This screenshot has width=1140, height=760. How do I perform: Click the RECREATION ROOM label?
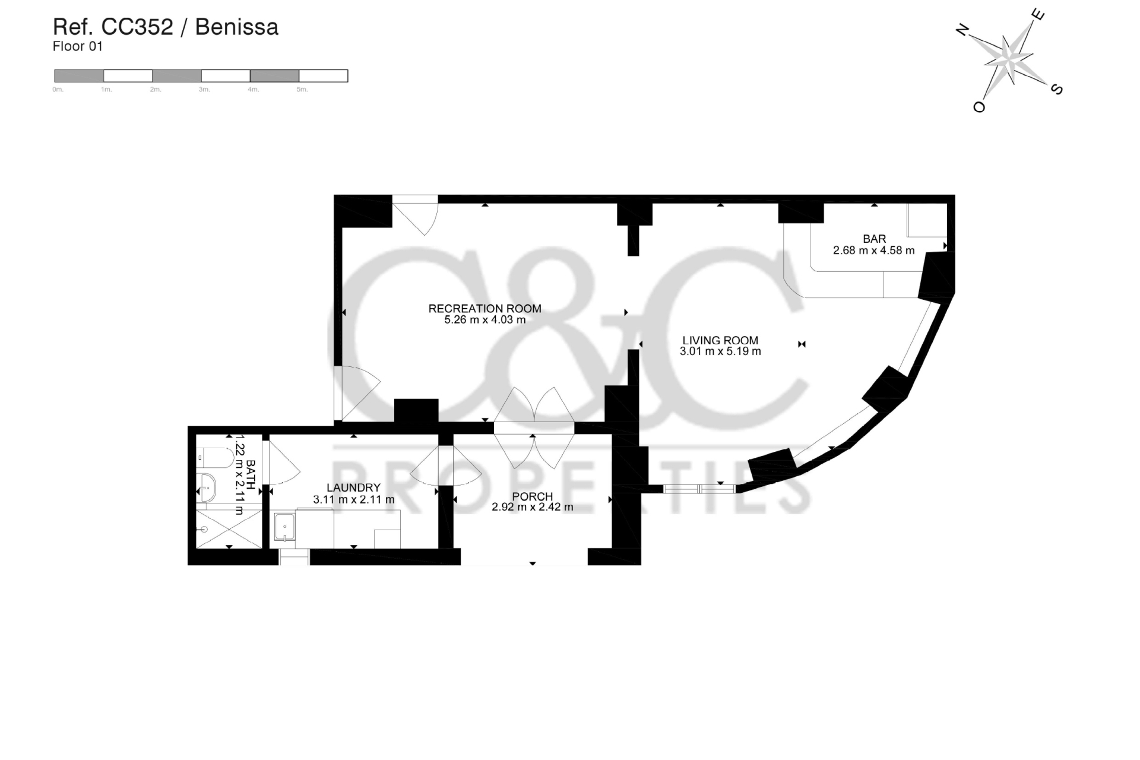[x=484, y=309]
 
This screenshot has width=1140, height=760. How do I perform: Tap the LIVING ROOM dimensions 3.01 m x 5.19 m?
[x=720, y=351]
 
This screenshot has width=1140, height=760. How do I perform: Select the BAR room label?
[x=874, y=239]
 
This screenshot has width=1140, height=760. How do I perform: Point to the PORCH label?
[x=532, y=496]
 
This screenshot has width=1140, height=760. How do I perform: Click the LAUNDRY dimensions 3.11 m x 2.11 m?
[x=353, y=500]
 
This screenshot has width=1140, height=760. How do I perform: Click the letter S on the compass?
[x=1057, y=90]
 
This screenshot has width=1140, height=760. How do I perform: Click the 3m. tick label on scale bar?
[x=204, y=90]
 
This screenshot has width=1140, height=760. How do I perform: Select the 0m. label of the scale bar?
[x=58, y=90]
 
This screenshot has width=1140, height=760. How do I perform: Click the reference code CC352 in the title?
[x=137, y=27]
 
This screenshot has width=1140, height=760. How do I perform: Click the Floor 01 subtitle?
[x=78, y=46]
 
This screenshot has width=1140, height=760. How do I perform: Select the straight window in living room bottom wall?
[x=699, y=489]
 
